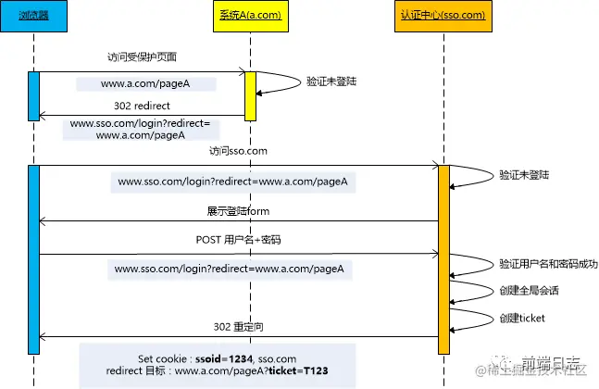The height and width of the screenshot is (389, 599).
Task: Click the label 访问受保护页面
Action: point(142,57)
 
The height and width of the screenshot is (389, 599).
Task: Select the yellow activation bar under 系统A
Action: point(250,94)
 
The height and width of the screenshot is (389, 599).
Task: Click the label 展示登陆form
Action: point(238,211)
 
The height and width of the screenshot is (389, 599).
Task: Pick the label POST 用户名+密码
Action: point(238,240)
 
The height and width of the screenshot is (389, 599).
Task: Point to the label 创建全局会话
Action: point(529,290)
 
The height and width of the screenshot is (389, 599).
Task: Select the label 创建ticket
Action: point(522,318)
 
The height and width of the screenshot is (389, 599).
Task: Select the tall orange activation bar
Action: point(443,259)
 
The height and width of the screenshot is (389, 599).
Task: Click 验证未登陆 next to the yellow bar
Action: point(331,82)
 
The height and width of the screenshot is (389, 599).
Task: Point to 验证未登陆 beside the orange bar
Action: point(523,173)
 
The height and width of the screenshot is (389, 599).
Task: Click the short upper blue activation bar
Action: point(33,94)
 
